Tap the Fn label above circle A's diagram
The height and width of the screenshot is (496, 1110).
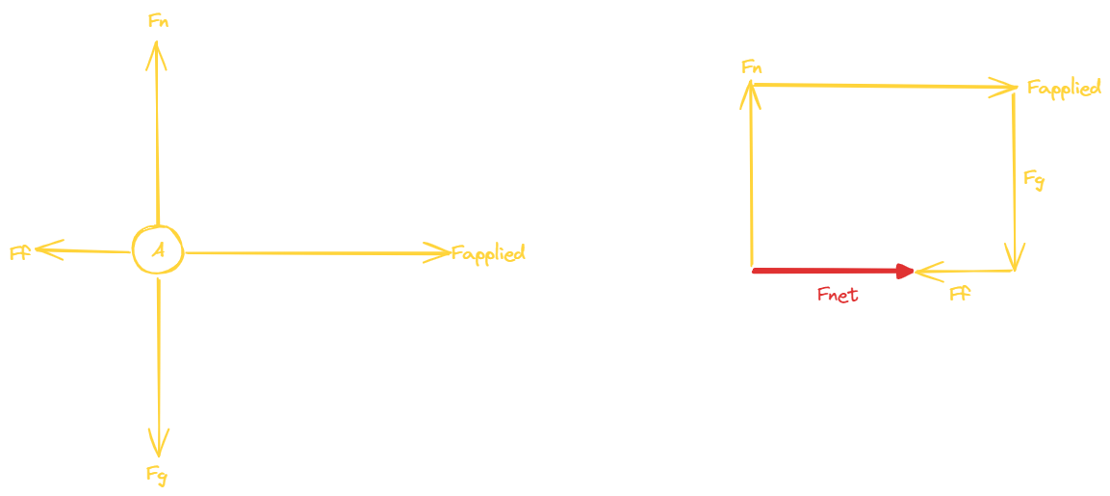(159, 21)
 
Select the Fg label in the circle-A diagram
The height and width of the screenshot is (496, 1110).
(158, 473)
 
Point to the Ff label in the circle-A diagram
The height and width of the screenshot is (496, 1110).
(20, 253)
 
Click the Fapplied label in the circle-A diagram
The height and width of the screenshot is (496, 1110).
(489, 254)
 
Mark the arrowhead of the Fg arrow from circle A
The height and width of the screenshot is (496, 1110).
(158, 445)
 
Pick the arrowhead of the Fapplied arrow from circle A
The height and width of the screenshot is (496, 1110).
(440, 253)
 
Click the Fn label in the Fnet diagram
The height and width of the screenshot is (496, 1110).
(753, 66)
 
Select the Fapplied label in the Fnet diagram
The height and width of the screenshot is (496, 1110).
(1063, 89)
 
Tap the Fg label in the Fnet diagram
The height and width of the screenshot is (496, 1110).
(1033, 179)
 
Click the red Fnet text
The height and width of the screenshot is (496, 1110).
(837, 295)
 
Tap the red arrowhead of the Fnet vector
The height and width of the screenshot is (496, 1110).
(904, 272)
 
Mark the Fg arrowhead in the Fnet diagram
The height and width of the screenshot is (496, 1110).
(1015, 258)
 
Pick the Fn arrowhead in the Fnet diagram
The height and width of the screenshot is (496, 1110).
(751, 92)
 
